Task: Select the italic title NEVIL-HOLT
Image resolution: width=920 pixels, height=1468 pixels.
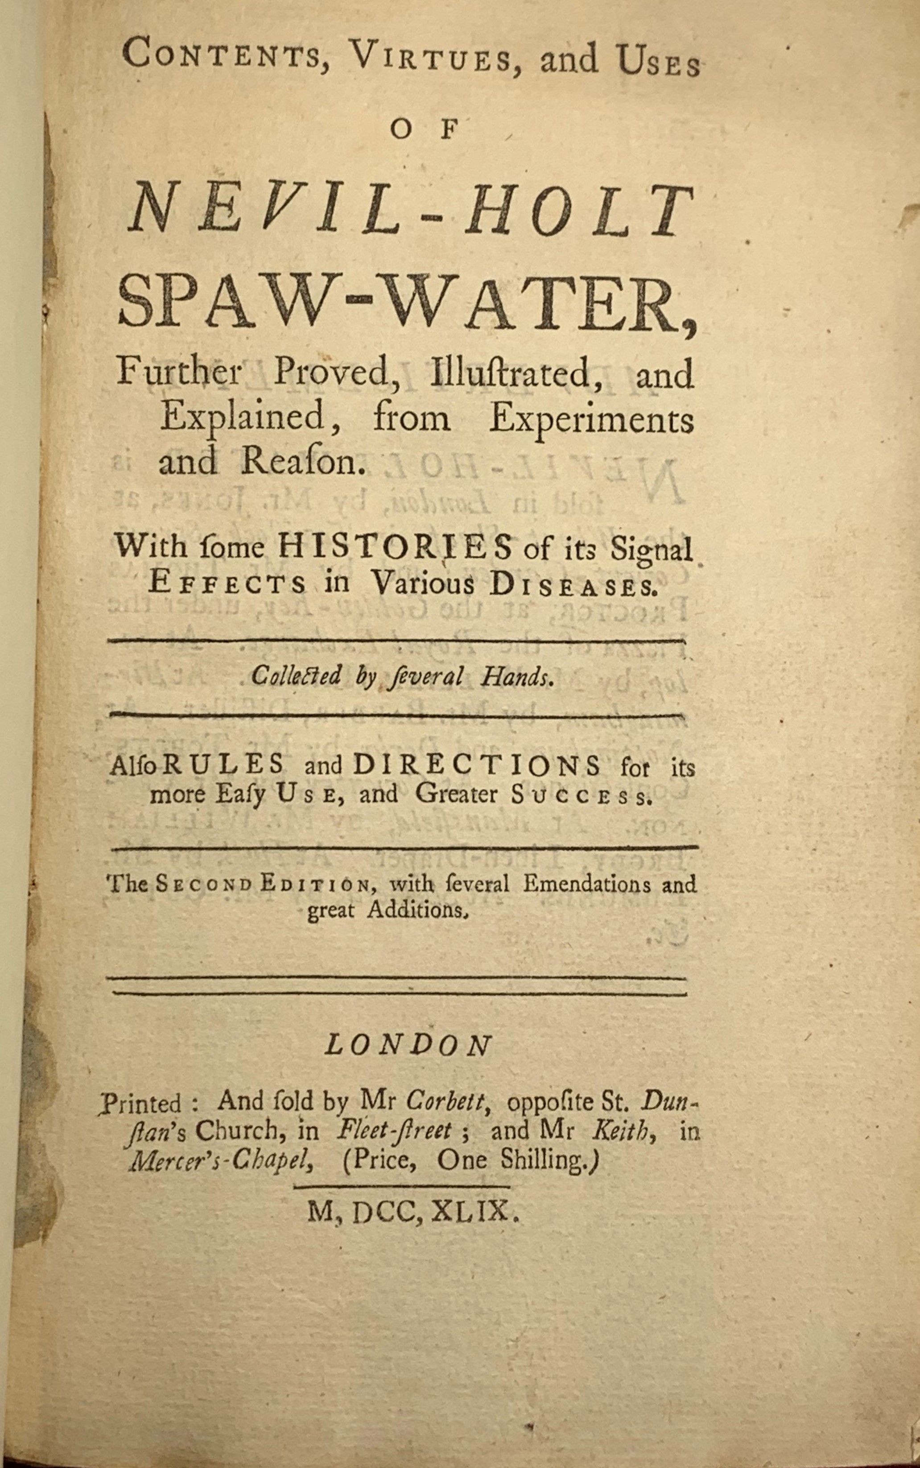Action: tap(410, 211)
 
